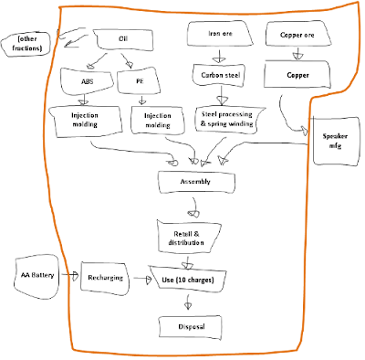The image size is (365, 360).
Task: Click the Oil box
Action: coord(123,39)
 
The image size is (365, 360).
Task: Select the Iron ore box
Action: coord(220,34)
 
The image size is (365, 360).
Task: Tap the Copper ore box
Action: coord(298,34)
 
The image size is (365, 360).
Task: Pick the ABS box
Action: coord(87,81)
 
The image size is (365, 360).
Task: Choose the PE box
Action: coord(139,81)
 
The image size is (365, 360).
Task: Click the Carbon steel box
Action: coord(220,75)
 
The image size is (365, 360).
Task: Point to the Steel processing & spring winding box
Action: coord(227,120)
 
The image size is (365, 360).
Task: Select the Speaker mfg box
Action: coord(335,141)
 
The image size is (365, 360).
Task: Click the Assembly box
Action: coord(196,182)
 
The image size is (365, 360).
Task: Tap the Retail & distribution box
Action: coord(187,238)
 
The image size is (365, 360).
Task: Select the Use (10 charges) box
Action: coord(188,280)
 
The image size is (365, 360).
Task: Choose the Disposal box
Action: coord(191,327)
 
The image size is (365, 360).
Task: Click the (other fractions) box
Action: coord(26,44)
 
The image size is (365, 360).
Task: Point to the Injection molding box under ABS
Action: coord(86,121)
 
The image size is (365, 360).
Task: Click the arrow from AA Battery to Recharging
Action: coord(69,275)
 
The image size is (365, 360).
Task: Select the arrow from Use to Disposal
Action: coord(188,302)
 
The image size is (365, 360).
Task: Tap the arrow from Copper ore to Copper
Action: coord(297,54)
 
